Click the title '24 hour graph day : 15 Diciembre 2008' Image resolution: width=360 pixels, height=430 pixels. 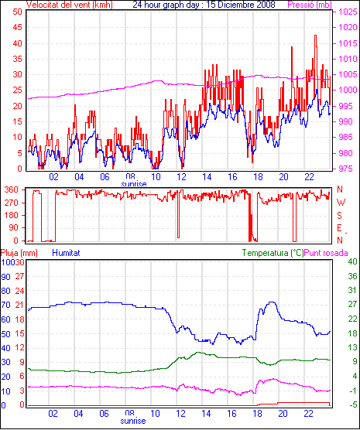[204, 5]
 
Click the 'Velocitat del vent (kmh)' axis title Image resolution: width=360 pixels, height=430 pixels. [70, 5]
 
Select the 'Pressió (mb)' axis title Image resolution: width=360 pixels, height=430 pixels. [310, 5]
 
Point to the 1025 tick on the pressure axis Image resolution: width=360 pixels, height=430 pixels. [348, 12]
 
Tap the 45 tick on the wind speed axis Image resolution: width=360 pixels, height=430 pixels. [17, 27]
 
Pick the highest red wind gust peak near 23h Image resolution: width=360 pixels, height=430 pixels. [316, 36]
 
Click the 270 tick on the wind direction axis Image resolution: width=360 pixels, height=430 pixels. [12, 203]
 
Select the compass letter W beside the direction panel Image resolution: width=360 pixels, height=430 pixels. [341, 203]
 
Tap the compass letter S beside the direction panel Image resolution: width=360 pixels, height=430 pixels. [339, 216]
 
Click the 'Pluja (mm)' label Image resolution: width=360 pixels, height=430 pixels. [19, 253]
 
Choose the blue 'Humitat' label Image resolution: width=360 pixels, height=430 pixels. [66, 253]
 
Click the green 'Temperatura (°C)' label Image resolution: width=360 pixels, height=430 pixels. [273, 253]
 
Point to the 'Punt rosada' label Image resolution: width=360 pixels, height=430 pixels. [326, 253]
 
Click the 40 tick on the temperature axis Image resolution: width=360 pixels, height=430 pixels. [352, 262]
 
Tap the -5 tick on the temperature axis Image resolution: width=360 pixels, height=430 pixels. [353, 404]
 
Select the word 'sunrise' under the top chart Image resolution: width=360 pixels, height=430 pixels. [134, 184]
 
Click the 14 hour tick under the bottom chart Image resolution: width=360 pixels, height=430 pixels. [207, 413]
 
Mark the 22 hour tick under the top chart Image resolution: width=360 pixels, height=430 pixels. [309, 177]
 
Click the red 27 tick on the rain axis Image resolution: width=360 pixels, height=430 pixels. [20, 276]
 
